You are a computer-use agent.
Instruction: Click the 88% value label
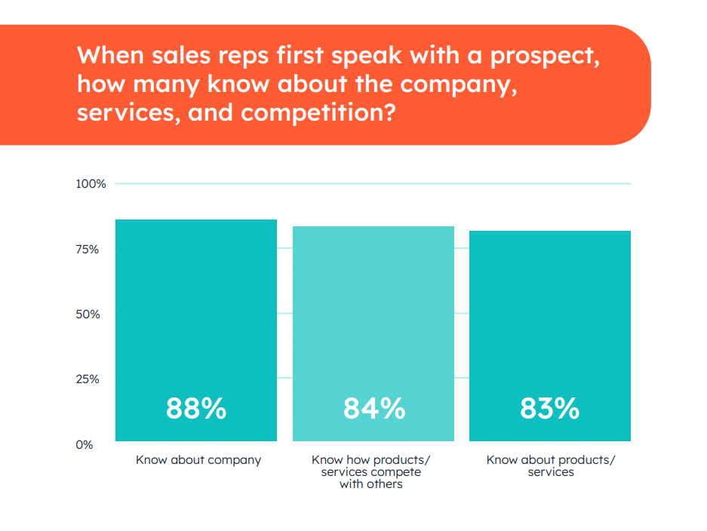click(x=196, y=409)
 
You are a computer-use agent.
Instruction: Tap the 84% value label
click(x=374, y=409)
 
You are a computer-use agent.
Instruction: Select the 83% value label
click(x=550, y=409)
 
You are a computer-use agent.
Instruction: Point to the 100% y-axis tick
click(x=90, y=184)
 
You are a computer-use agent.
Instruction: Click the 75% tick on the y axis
click(x=88, y=249)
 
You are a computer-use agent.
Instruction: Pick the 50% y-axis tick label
click(x=88, y=314)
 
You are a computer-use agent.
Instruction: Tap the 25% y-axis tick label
click(x=88, y=379)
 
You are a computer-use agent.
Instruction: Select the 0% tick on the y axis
click(x=85, y=444)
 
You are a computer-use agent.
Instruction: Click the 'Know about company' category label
click(x=198, y=459)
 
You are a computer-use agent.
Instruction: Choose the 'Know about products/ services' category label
click(x=551, y=465)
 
